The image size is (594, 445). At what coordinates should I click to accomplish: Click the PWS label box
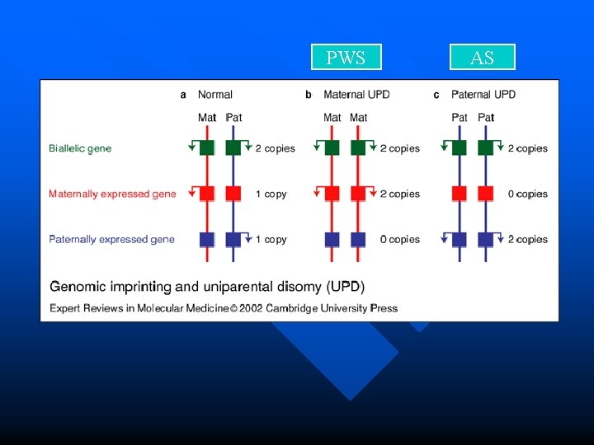click(x=346, y=57)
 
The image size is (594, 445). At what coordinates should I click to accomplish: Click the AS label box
click(x=482, y=57)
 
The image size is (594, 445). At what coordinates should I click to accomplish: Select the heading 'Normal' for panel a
click(x=215, y=95)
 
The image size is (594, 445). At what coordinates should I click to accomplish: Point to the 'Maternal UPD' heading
click(x=356, y=95)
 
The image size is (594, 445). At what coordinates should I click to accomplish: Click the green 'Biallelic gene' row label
click(x=80, y=148)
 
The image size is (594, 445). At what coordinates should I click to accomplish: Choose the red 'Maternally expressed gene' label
click(x=112, y=194)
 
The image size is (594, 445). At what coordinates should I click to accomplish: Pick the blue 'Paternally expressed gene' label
click(x=111, y=239)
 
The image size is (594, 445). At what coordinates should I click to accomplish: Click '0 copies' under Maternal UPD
click(x=400, y=239)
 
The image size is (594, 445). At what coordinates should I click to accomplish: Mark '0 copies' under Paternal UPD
click(x=528, y=194)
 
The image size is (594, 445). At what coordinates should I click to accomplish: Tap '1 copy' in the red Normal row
click(x=271, y=194)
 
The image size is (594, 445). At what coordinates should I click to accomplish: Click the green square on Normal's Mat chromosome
click(x=206, y=148)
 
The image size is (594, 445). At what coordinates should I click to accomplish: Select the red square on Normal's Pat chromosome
click(x=233, y=194)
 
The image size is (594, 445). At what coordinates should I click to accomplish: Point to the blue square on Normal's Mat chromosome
click(x=206, y=239)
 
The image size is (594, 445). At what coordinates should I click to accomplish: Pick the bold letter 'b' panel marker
click(x=309, y=95)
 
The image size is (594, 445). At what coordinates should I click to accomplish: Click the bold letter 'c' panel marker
click(x=436, y=95)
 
